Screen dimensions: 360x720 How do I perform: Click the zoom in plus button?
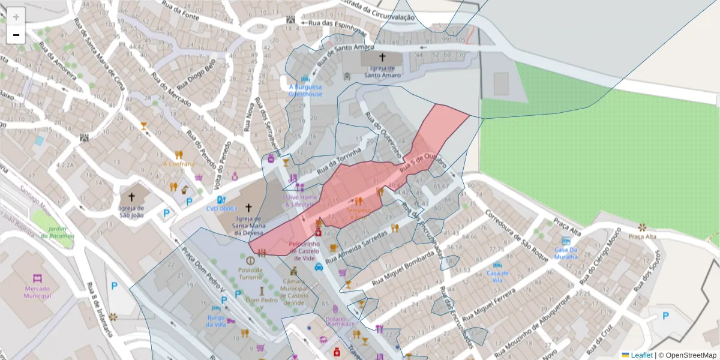pyautogui.click(x=16, y=17)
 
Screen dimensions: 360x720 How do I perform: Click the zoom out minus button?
pyautogui.click(x=16, y=35)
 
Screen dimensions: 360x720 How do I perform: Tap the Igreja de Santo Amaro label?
pyautogui.click(x=382, y=72)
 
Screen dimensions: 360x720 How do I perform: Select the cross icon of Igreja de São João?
pyautogui.click(x=132, y=197)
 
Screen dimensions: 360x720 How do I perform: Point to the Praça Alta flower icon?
pyautogui.click(x=643, y=227)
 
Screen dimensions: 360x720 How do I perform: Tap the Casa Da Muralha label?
pyautogui.click(x=565, y=253)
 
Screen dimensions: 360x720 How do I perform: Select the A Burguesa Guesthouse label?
pyautogui.click(x=305, y=91)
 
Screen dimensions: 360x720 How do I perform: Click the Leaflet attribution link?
pyautogui.click(x=641, y=355)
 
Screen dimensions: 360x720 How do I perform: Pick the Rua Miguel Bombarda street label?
pyautogui.click(x=404, y=268)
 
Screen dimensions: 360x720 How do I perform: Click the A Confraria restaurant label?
pyautogui.click(x=179, y=164)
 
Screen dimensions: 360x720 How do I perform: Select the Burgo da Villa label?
pyautogui.click(x=216, y=320)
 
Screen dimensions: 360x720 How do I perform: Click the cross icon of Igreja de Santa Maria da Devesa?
pyautogui.click(x=248, y=207)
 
